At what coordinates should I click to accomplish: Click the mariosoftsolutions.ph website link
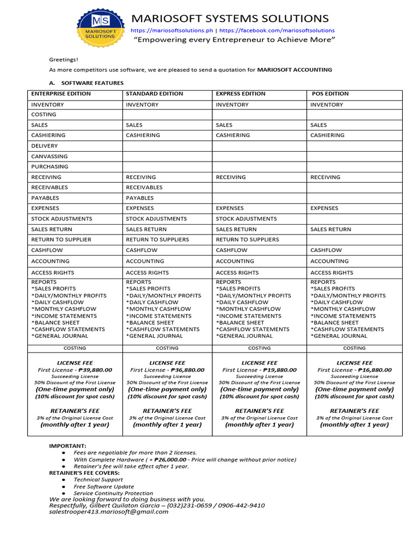click(172, 30)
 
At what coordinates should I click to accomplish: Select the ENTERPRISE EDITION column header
click(61, 94)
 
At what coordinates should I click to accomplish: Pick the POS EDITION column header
click(330, 94)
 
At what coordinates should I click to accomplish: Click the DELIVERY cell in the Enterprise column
click(44, 146)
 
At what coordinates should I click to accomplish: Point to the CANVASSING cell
click(50, 156)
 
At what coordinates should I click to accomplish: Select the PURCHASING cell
click(50, 166)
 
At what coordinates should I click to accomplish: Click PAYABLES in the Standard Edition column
click(140, 198)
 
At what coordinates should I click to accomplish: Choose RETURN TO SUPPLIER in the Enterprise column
click(62, 239)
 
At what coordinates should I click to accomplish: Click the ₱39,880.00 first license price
click(95, 370)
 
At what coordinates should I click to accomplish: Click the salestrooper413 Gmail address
click(109, 512)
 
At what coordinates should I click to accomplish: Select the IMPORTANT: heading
click(68, 445)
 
